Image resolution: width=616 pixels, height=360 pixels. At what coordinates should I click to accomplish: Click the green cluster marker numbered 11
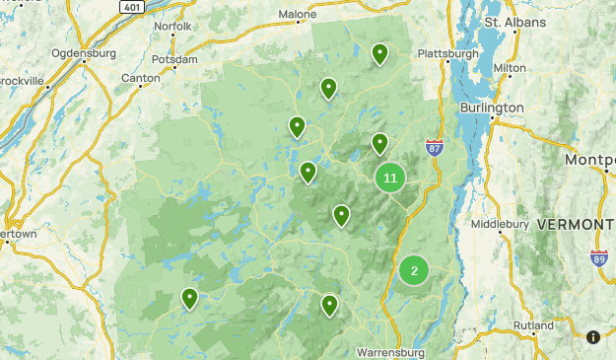(x=390, y=178)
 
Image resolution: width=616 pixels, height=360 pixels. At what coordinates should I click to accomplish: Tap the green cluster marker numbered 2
(x=414, y=270)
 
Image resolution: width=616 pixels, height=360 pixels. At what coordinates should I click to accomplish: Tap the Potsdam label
(x=177, y=59)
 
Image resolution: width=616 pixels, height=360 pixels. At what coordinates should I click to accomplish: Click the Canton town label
(x=139, y=77)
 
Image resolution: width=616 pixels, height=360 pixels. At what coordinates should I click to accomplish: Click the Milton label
(x=510, y=68)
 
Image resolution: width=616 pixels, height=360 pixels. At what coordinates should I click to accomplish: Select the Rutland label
(x=533, y=325)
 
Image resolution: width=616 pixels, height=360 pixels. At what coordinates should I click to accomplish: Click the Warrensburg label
(x=389, y=352)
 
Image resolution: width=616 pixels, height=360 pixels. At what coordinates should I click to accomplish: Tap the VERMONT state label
(x=575, y=225)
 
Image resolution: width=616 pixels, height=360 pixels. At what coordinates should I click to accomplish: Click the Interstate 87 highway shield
(x=435, y=147)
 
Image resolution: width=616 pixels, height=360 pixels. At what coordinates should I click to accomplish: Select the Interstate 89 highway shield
(x=599, y=258)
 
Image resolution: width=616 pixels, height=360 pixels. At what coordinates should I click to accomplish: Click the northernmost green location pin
(x=379, y=53)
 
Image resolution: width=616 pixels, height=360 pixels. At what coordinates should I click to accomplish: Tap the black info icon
(x=593, y=337)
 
